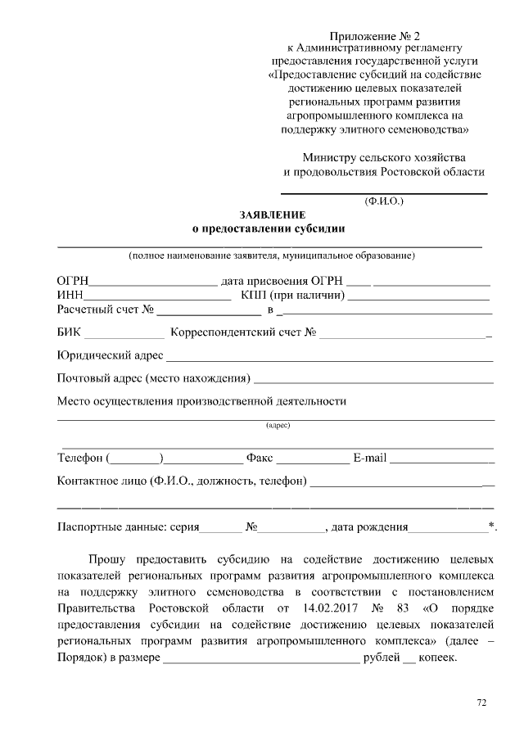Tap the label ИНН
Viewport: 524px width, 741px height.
(x=70, y=296)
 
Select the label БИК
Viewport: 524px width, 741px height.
(x=70, y=334)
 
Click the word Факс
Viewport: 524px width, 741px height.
(x=259, y=457)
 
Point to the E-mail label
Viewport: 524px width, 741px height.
(x=369, y=457)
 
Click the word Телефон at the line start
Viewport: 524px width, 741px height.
(x=80, y=457)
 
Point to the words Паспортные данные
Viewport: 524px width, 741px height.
(x=110, y=527)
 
